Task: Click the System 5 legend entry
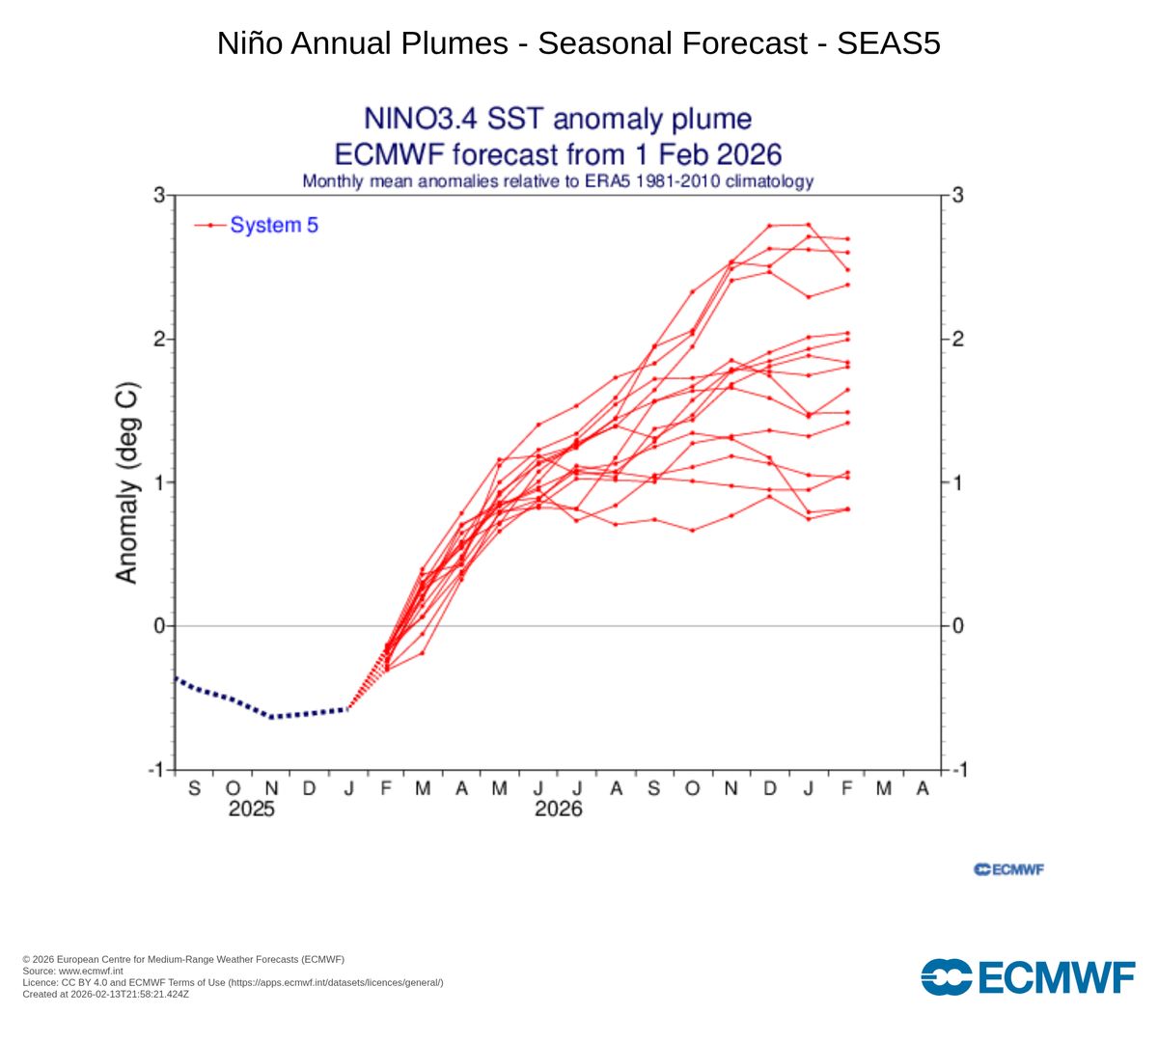click(273, 225)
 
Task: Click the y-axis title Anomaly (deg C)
click(126, 483)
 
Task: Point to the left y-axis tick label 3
click(158, 196)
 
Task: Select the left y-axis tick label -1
click(155, 770)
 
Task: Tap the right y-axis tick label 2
click(957, 340)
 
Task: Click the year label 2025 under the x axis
click(251, 809)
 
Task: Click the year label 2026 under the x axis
click(559, 809)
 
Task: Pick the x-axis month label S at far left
click(194, 788)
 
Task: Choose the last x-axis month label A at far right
click(923, 788)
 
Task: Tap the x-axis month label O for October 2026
click(692, 788)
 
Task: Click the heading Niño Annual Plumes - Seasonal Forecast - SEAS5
click(578, 43)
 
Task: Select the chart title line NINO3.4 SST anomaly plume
click(557, 119)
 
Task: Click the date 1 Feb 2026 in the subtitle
click(705, 154)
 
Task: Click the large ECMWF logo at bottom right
click(1028, 976)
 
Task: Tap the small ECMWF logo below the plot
click(1009, 869)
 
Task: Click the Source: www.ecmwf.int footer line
click(72, 971)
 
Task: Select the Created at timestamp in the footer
click(105, 994)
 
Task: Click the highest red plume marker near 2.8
click(808, 225)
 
